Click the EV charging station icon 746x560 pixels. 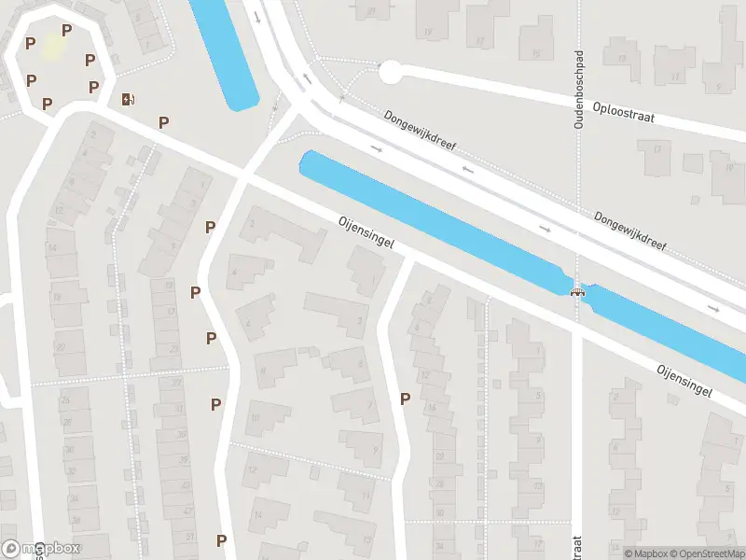coord(127,98)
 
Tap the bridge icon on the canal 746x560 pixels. coord(578,291)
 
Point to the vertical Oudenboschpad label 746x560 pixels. coord(579,89)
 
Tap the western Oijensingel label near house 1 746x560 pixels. coord(366,234)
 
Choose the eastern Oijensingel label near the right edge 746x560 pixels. coord(684,380)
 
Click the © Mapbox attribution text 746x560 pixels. coord(645,553)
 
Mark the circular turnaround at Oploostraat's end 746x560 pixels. coord(390,71)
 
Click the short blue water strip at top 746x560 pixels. coord(225,51)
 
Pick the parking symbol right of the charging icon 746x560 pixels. coord(164,122)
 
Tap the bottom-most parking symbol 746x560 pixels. coord(221,540)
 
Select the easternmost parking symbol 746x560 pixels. coord(405,399)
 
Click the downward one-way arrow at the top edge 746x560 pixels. coord(257,16)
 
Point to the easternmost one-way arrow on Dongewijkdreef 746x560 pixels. coord(714,308)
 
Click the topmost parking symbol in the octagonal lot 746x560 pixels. coord(66,31)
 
